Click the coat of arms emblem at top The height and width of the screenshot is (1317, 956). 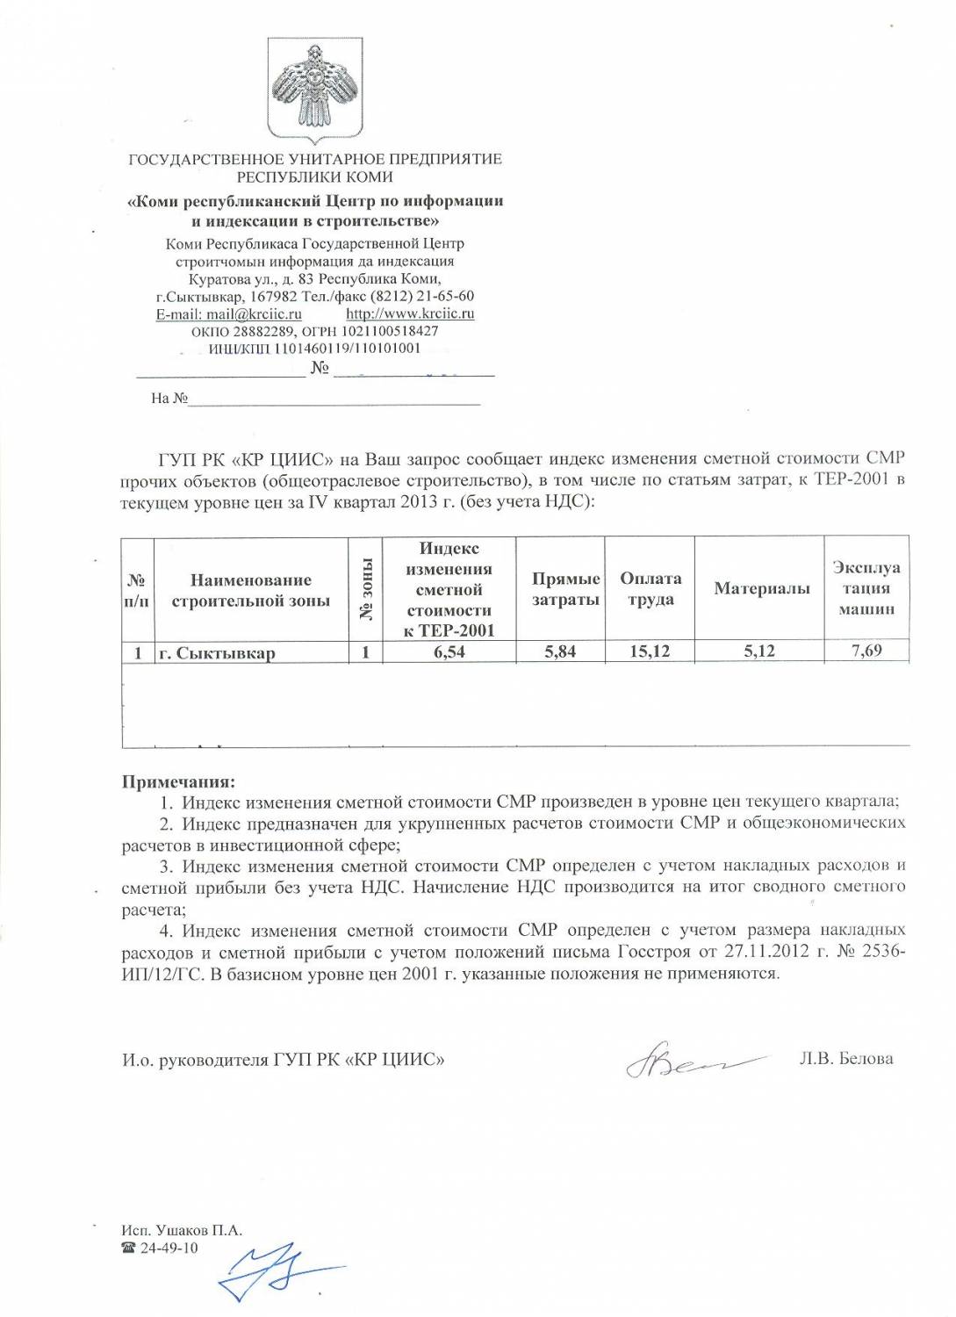click(x=315, y=88)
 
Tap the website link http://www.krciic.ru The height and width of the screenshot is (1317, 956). click(x=410, y=313)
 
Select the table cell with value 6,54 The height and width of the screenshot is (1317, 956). click(x=449, y=651)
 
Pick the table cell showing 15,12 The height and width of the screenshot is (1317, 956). click(x=650, y=651)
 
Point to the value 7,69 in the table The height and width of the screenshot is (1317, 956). click(x=866, y=651)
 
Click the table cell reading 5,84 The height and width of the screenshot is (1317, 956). click(x=560, y=651)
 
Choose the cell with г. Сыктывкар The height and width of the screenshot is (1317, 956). click(x=217, y=652)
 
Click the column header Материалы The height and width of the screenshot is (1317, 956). click(x=761, y=588)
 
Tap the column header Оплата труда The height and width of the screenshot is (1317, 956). click(x=651, y=588)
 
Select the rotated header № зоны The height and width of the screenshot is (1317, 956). click(x=366, y=589)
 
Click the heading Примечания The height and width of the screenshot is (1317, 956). click(x=178, y=781)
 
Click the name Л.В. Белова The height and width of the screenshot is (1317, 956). click(x=845, y=1058)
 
